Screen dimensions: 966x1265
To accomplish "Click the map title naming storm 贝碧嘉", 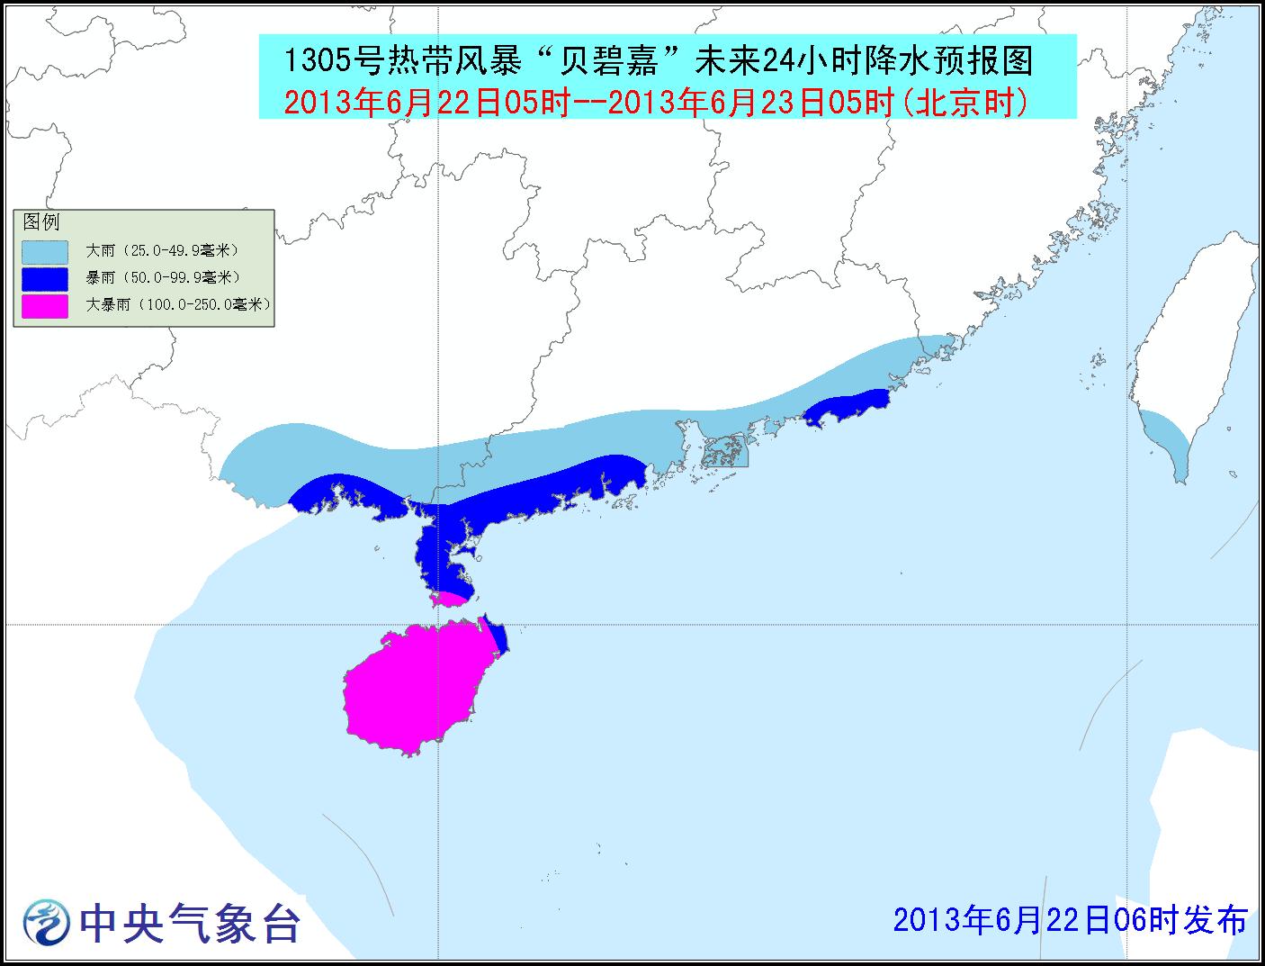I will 658,61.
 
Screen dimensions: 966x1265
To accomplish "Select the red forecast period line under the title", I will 656,103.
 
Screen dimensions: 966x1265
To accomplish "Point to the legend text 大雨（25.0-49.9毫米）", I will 163,251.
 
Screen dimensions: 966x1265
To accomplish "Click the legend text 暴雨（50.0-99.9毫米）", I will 163,278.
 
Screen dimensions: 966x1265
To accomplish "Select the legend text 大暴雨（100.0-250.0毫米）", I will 178,305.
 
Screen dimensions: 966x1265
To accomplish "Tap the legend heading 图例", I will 41,221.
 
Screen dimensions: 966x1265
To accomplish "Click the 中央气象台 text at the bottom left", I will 189,923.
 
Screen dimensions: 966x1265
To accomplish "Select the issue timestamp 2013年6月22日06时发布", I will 1070,920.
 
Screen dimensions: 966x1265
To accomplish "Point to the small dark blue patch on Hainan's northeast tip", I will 498,636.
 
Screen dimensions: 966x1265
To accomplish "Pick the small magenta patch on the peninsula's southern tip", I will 448,599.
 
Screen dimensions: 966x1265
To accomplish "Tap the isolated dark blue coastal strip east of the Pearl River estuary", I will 846,407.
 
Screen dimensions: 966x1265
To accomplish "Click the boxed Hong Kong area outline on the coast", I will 724,449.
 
